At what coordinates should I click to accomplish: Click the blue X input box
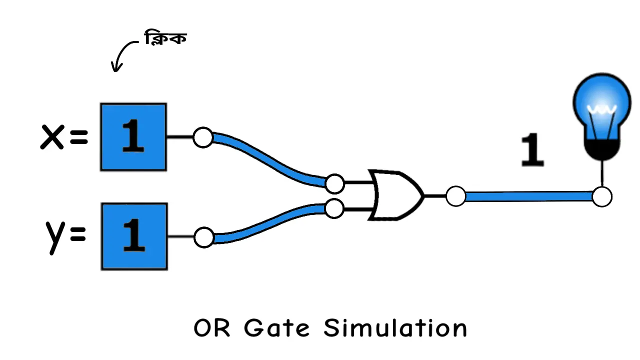133,137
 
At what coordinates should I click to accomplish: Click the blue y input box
134,236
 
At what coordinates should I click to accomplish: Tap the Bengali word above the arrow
165,38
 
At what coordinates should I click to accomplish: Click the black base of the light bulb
602,149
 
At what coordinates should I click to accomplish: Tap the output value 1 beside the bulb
532,150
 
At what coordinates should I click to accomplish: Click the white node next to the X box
203,137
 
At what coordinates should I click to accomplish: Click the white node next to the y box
203,237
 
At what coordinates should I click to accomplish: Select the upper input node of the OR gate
334,183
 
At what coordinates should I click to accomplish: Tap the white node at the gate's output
455,196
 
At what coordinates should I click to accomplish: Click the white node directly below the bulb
602,196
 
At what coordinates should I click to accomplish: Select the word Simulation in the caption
395,328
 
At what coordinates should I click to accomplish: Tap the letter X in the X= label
52,137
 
